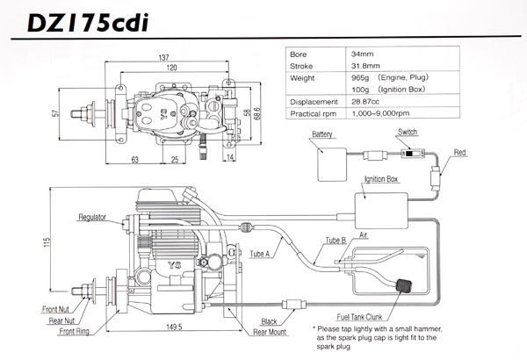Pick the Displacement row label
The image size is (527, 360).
[317, 101]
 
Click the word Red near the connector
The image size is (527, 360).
[459, 152]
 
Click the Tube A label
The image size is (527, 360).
[260, 255]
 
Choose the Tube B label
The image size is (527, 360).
[336, 240]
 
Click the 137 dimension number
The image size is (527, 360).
[163, 58]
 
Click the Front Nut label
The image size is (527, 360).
[57, 309]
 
